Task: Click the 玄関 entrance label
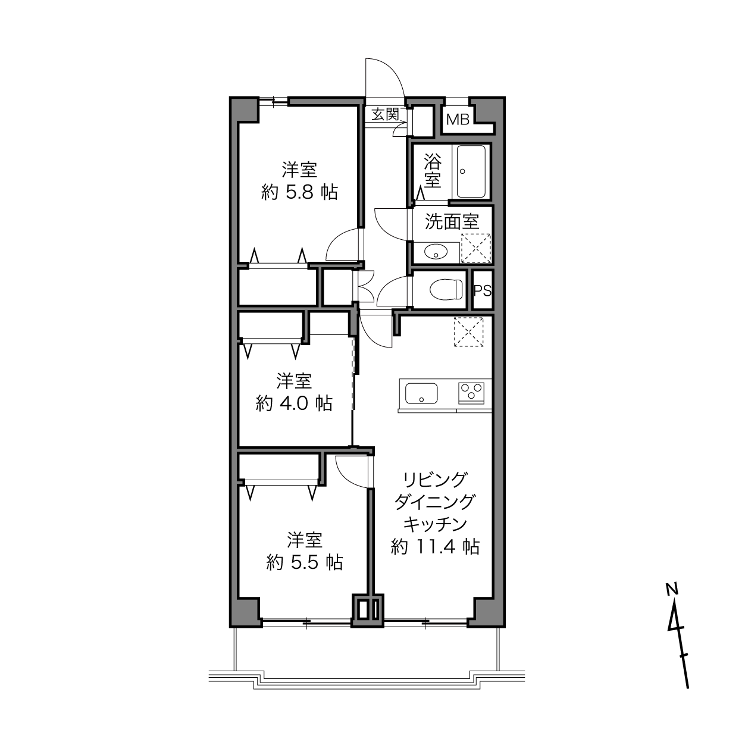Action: (x=385, y=114)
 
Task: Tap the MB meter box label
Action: (x=458, y=120)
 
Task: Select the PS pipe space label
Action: (x=483, y=290)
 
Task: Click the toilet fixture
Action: (x=446, y=290)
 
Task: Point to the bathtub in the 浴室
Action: (x=471, y=171)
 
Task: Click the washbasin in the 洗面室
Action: (x=436, y=253)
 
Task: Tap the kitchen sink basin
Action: (x=421, y=393)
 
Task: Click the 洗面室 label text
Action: (x=452, y=222)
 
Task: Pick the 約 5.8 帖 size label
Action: (x=300, y=192)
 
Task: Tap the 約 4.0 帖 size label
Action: (x=294, y=404)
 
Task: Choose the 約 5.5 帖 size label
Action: (x=305, y=563)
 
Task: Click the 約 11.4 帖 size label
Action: (x=436, y=547)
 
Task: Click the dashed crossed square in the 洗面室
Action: (x=476, y=249)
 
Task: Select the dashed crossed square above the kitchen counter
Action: (x=469, y=332)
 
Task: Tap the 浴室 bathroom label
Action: (x=433, y=171)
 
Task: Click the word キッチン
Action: (x=436, y=524)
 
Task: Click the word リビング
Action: (x=434, y=480)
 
